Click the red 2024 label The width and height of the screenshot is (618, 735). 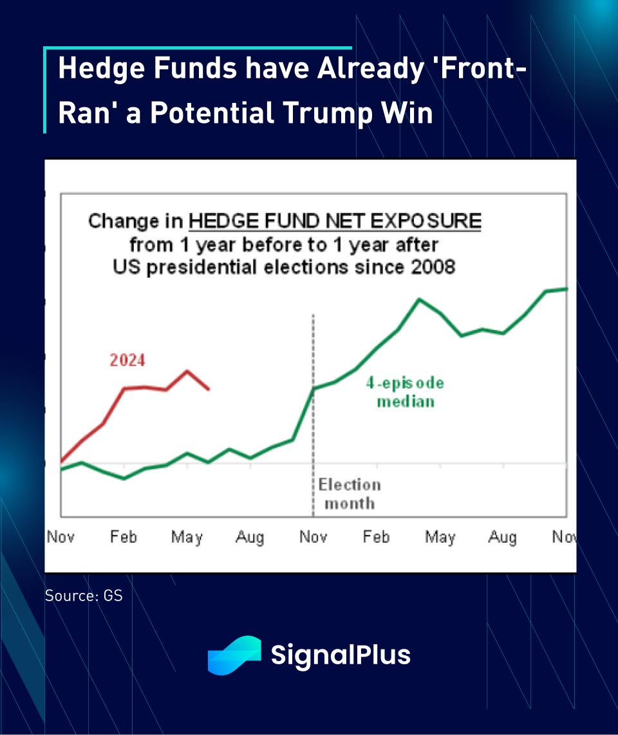pos(127,360)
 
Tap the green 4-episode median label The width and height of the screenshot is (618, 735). pos(405,392)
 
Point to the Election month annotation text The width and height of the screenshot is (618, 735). pos(350,494)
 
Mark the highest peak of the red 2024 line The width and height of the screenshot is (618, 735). pos(187,371)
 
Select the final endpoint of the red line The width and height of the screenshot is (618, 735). pos(209,389)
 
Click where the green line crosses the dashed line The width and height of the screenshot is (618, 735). pos(314,388)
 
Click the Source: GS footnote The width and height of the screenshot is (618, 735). pos(84,595)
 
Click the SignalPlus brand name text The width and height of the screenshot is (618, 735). pos(341,655)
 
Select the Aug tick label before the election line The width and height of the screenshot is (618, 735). pos(250,537)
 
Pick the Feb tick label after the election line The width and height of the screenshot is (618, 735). pos(376,537)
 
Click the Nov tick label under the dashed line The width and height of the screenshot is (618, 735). pos(314,537)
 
